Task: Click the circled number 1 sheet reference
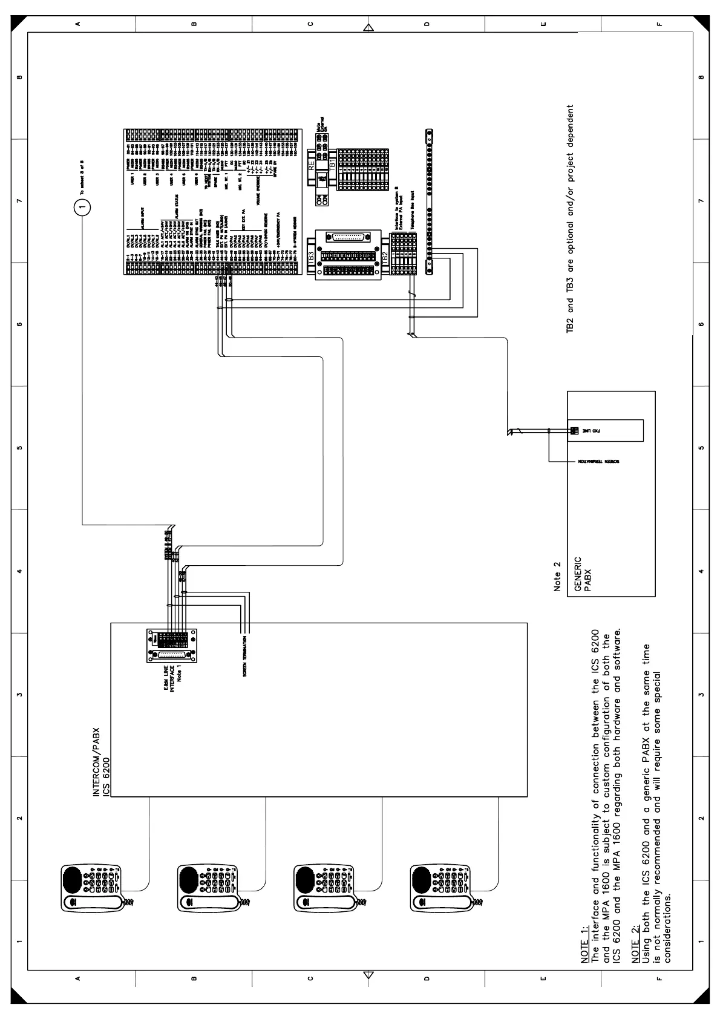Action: (x=82, y=207)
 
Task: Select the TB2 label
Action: (x=384, y=256)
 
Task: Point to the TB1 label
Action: (x=332, y=166)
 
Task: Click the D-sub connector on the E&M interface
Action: (x=172, y=658)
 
